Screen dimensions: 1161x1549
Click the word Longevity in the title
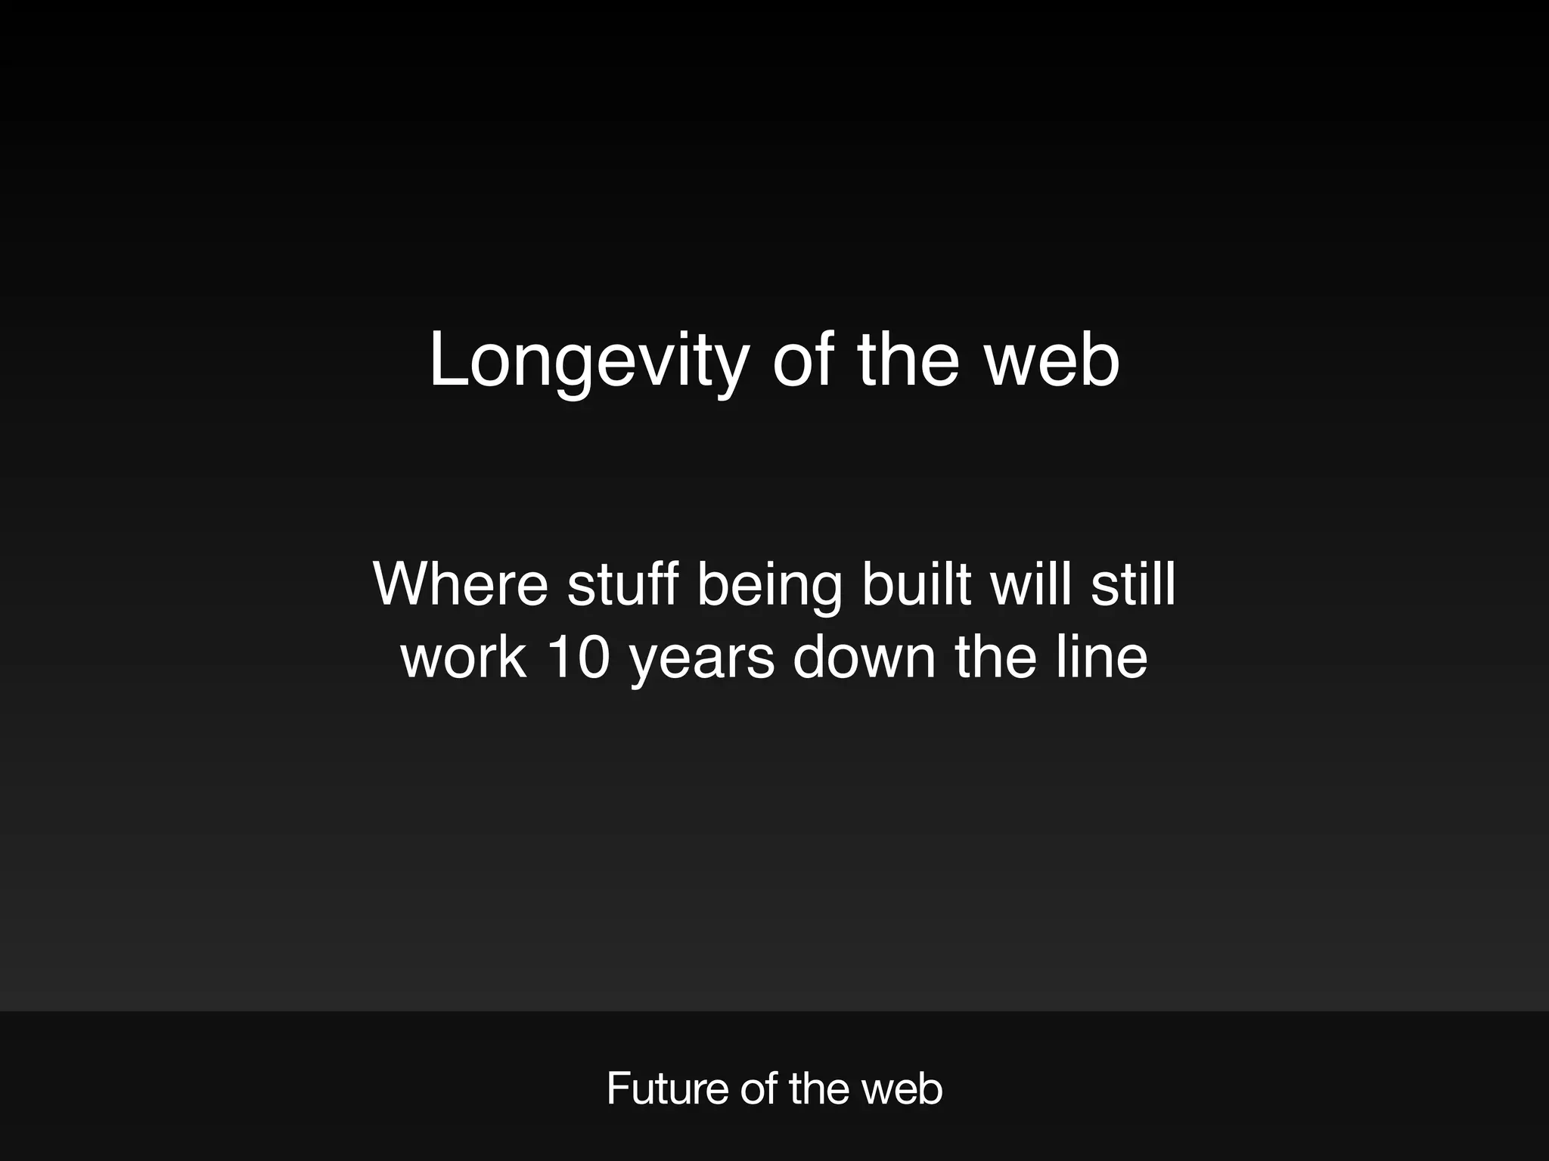[588, 361]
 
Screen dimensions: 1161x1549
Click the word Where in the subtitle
[460, 584]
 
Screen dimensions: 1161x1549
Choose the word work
[463, 656]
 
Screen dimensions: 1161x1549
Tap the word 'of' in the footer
[759, 1089]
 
